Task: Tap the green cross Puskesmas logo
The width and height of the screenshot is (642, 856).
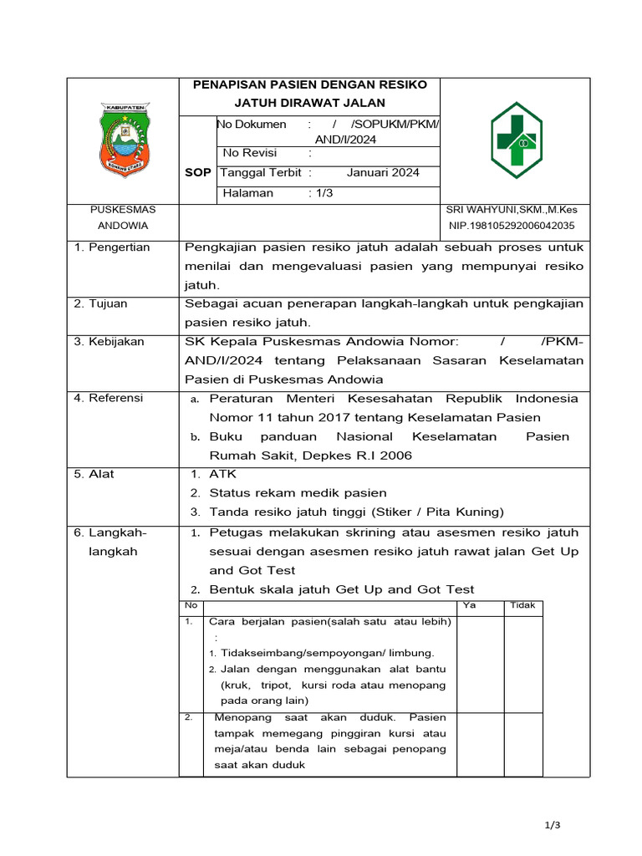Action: [515, 140]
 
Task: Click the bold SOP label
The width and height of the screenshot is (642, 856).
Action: [197, 173]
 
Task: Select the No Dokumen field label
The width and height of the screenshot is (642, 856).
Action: [252, 125]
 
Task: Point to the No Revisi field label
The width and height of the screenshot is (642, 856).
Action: [250, 153]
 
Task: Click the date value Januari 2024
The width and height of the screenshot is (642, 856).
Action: [383, 173]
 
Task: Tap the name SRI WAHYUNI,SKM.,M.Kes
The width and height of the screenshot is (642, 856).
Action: [512, 210]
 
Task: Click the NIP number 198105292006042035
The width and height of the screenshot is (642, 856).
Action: [512, 226]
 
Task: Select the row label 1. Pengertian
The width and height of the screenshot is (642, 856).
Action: [112, 247]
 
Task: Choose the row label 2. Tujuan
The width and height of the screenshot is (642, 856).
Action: [100, 303]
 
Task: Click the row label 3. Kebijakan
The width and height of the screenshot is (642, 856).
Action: [109, 342]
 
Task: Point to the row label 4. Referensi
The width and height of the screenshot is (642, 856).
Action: [109, 398]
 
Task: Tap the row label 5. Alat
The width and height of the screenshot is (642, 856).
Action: [94, 474]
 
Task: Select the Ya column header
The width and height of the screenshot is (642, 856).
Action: [469, 606]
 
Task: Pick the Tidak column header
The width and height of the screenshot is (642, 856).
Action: [522, 606]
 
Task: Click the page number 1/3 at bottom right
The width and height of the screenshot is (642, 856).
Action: [551, 826]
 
